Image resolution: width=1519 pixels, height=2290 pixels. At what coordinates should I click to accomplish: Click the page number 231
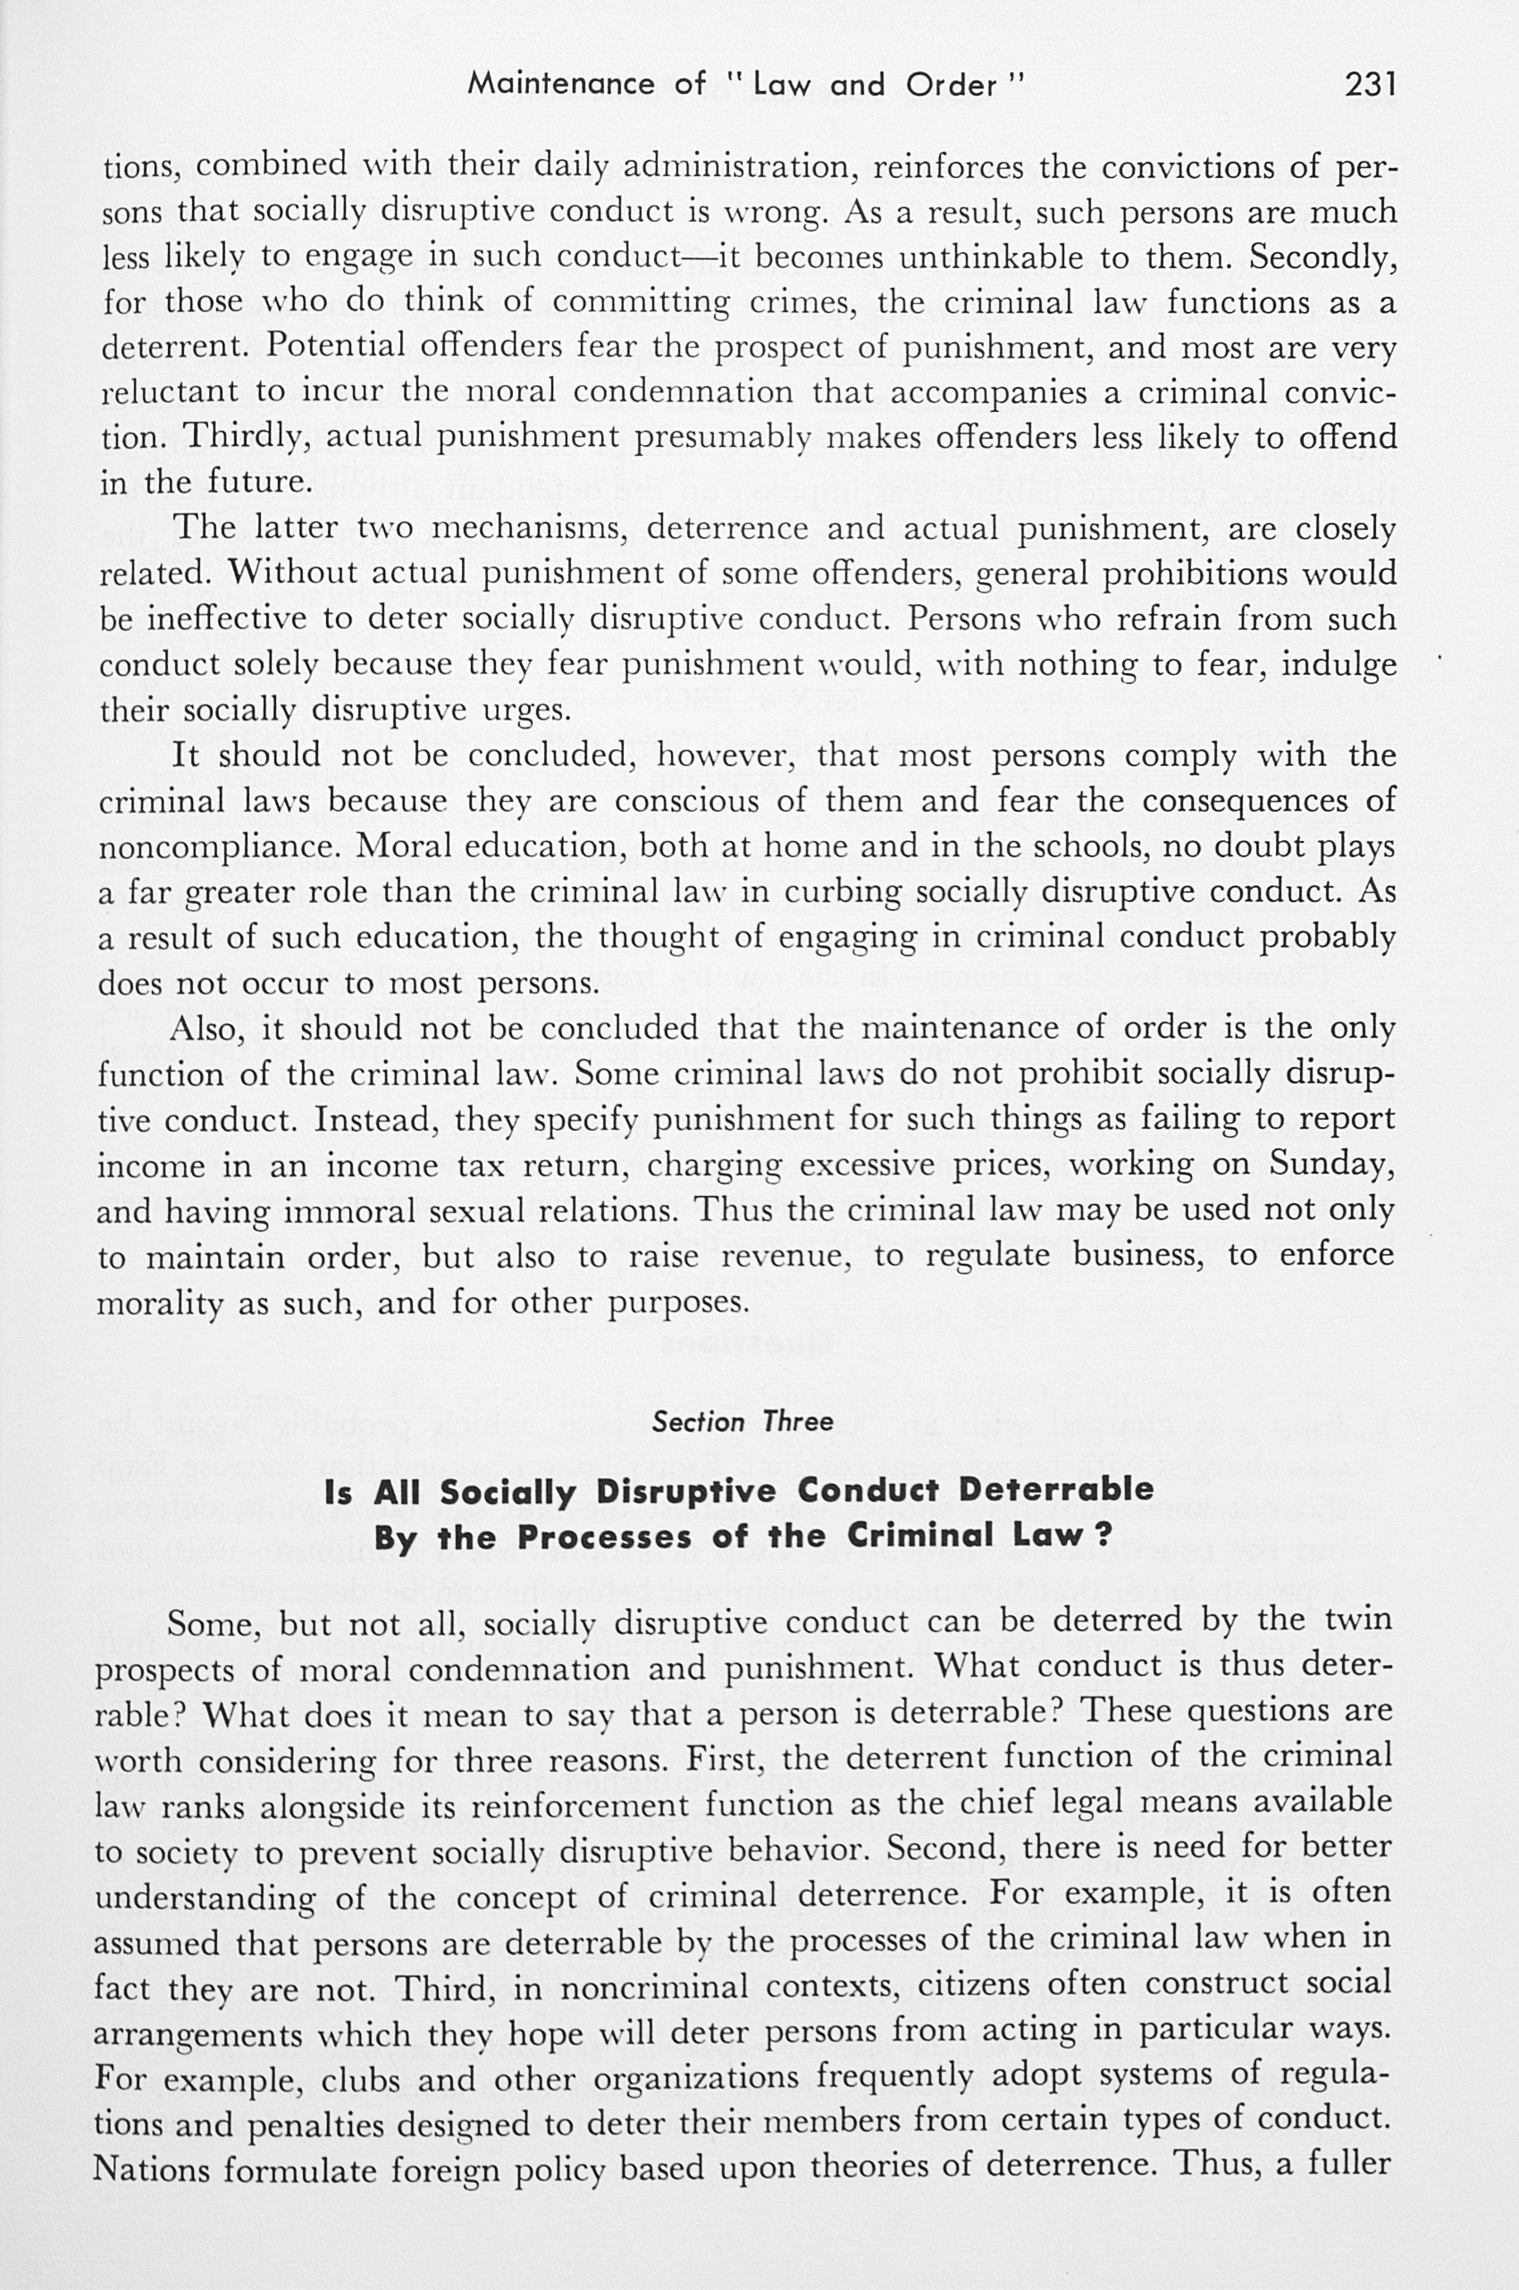tap(1370, 85)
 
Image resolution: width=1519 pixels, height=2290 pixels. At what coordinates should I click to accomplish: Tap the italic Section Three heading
tap(742, 1422)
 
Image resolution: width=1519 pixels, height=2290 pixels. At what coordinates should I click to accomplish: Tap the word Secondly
tap(1322, 257)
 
